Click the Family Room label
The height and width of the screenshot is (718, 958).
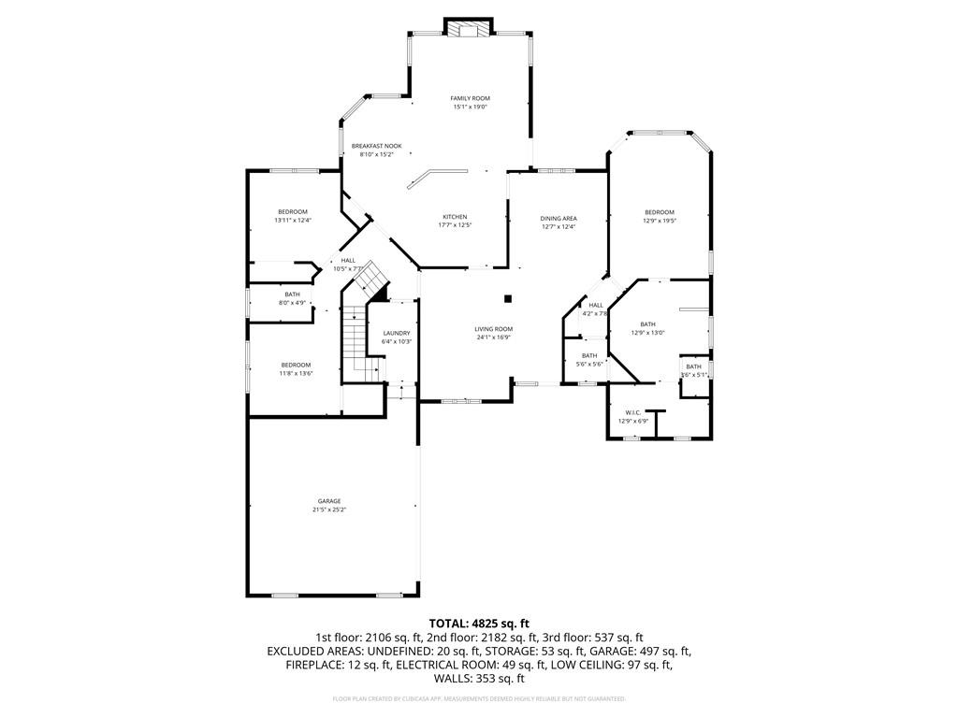point(470,98)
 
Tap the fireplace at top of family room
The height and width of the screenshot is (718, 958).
point(466,29)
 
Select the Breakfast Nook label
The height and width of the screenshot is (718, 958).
point(376,146)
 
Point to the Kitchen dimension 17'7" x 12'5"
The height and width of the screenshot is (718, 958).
point(455,225)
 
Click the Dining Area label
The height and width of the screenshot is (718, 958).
point(558,218)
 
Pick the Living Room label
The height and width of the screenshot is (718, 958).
point(493,329)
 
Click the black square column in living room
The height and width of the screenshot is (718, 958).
point(508,299)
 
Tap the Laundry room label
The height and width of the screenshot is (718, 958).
point(397,333)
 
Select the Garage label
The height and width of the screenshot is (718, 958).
point(328,501)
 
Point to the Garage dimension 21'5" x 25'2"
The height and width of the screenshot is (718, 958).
point(328,510)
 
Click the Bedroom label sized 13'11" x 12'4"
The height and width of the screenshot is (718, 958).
point(292,212)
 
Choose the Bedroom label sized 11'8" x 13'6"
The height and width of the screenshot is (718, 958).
point(296,365)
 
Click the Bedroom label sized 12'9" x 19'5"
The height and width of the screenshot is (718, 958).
point(659,212)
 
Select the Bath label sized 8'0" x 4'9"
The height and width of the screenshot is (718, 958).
point(293,294)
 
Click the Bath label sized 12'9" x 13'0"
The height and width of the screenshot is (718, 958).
point(647,324)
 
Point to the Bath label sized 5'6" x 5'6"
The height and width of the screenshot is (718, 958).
point(589,355)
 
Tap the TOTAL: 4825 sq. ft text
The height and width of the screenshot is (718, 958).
point(479,623)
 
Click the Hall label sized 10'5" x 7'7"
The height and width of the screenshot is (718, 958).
point(347,261)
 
